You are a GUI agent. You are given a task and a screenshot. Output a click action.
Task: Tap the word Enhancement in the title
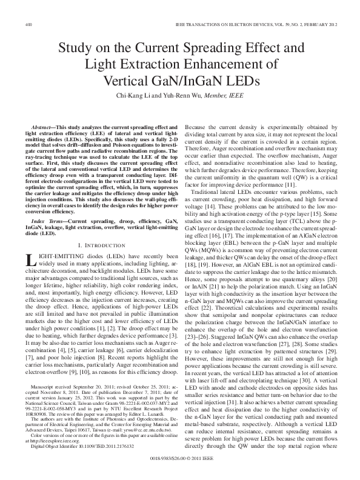pos(234,65)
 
